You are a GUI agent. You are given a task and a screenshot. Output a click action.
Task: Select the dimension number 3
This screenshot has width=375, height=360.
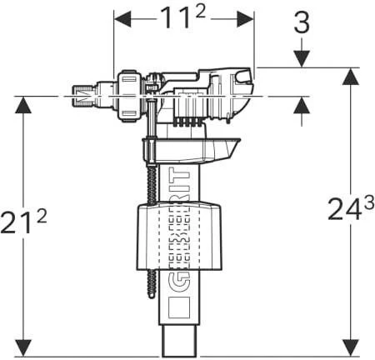[x=302, y=23]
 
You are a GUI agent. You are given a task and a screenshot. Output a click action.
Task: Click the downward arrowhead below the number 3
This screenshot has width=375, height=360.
[x=302, y=57]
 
